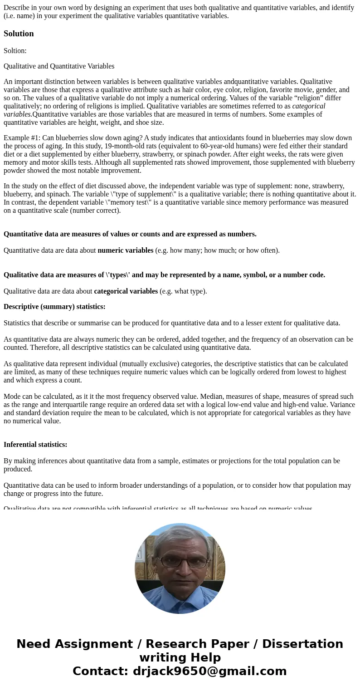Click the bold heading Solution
pyautogui.click(x=19, y=34)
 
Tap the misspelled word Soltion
pyautogui.click(x=15, y=51)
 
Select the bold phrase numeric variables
pyautogui.click(x=126, y=250)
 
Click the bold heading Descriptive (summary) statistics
pyautogui.click(x=54, y=307)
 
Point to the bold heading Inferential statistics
pyautogui.click(x=35, y=445)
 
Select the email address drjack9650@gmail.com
pyautogui.click(x=209, y=671)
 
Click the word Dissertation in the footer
pyautogui.click(x=302, y=644)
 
